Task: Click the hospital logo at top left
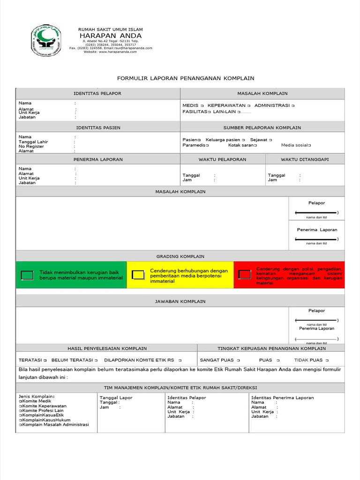click(46, 40)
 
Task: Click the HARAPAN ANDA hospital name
click(110, 36)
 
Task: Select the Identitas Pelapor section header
click(98, 93)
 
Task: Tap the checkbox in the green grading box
click(28, 275)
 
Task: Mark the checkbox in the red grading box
click(244, 274)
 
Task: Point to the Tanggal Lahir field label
click(33, 142)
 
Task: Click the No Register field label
click(31, 146)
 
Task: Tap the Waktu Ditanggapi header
click(305, 159)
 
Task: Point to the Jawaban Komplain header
click(180, 301)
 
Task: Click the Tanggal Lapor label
click(116, 397)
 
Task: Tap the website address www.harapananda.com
click(110, 52)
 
